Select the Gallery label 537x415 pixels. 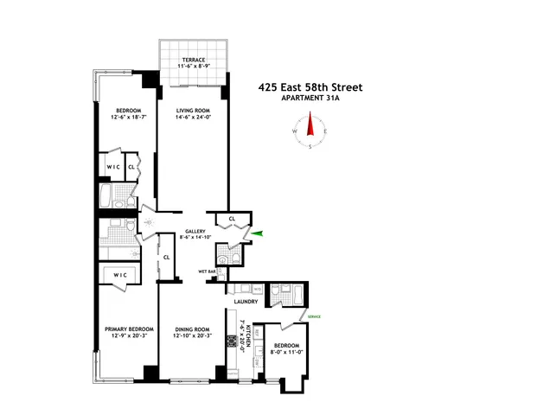[194, 233]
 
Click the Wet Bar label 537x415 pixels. [207, 271]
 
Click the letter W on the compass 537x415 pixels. [295, 131]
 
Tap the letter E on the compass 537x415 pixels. [328, 131]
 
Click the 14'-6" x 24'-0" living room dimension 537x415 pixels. [195, 118]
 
